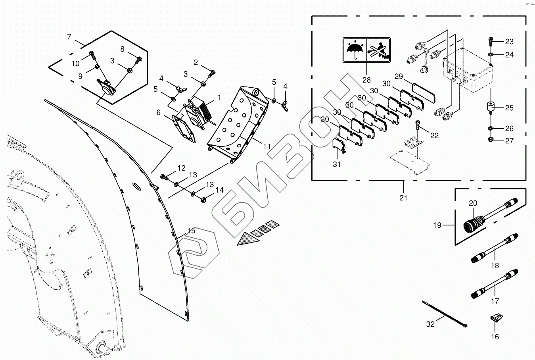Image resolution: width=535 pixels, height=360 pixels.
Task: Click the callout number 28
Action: coord(366,80)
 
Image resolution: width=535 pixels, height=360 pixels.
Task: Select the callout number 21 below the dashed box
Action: coord(403,198)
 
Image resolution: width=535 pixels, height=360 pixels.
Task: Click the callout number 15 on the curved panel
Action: coord(191,231)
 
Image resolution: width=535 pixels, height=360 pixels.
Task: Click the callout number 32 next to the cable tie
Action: coord(430,324)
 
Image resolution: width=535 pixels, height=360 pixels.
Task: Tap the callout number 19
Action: coord(437,225)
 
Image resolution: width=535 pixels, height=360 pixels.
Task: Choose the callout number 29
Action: coord(399,76)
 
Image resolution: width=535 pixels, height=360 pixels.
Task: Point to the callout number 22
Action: coord(435,135)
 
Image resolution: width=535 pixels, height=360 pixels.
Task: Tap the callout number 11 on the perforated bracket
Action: coord(267,147)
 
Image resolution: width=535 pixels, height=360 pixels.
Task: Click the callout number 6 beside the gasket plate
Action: coord(158,113)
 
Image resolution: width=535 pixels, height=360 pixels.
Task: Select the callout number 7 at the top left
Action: coord(69,37)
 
